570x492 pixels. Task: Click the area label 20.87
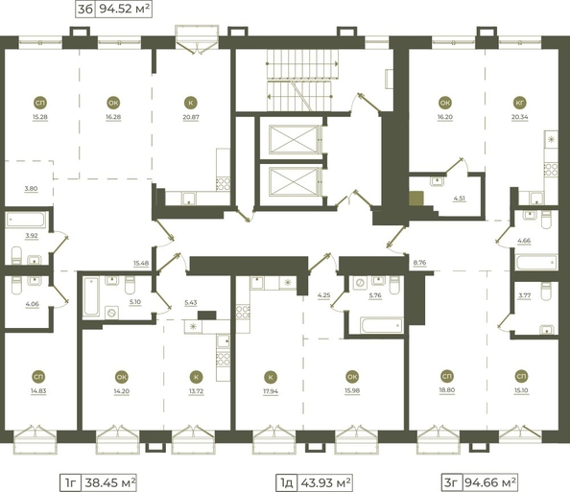coord(191,117)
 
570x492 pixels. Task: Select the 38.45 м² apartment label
coord(110,483)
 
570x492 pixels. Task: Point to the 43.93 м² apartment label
coord(325,483)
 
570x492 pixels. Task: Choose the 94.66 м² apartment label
coord(490,482)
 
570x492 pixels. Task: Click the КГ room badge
coord(520,104)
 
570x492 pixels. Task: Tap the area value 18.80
coord(447,390)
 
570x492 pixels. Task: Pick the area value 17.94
coord(271,391)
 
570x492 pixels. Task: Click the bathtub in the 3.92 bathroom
coord(26,220)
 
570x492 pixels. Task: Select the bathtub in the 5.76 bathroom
coord(382,325)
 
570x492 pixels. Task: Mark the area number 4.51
coord(459,199)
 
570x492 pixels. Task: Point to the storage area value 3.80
coord(31,189)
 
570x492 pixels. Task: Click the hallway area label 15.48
coord(141,263)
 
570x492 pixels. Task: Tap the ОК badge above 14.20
coord(122,377)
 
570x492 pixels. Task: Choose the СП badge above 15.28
coord(40,104)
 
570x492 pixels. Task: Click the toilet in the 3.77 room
coord(547,292)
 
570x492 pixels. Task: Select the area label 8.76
coord(420,263)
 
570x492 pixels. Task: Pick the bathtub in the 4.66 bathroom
coord(536,262)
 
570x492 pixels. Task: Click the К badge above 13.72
coord(197,377)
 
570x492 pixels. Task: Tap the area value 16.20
coord(445,117)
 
